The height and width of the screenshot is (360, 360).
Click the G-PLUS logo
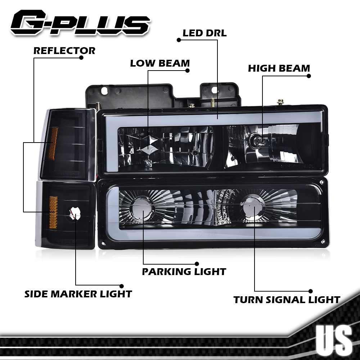[80, 23]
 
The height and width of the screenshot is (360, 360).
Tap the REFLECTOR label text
[64, 51]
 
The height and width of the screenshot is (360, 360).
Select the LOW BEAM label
[159, 64]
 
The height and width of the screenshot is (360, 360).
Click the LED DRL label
[204, 33]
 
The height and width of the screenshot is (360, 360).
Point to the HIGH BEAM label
[279, 68]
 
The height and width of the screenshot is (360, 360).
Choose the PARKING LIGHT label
[184, 271]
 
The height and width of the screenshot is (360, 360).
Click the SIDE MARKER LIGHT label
[78, 294]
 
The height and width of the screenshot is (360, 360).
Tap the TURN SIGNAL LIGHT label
[287, 300]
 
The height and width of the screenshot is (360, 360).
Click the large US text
[334, 340]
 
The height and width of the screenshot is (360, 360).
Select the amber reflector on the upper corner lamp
[53, 143]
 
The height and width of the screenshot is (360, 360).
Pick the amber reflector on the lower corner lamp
[53, 212]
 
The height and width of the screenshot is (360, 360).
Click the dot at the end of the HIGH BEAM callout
[309, 76]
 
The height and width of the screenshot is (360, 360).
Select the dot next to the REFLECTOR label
[81, 58]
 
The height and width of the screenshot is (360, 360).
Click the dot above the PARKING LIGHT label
[197, 264]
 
